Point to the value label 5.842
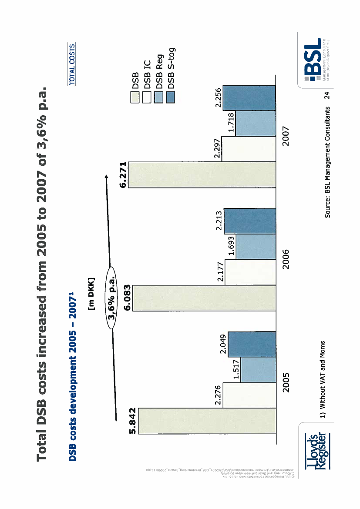(x=133, y=421)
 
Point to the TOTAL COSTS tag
(x=71, y=63)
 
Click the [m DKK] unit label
(x=91, y=294)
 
